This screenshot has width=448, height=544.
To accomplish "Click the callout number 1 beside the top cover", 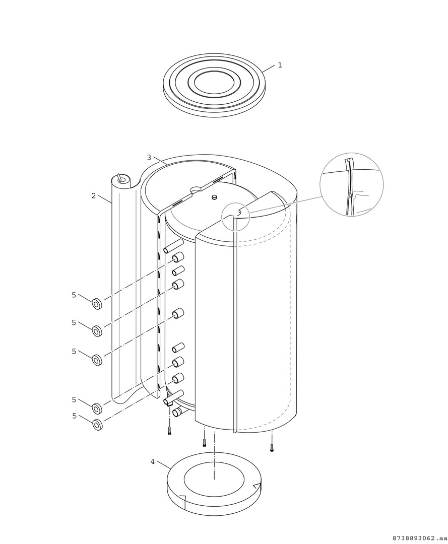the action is click(280, 65).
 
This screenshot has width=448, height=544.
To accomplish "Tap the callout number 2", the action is click(93, 195).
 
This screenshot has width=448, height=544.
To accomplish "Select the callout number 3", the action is click(149, 157).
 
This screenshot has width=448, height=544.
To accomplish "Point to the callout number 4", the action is click(152, 462).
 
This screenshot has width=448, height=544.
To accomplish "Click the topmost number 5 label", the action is click(74, 295).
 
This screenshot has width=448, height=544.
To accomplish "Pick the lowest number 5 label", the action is click(74, 416).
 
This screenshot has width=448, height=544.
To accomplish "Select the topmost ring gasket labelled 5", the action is click(97, 304).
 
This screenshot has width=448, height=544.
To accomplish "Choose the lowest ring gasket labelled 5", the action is click(97, 424).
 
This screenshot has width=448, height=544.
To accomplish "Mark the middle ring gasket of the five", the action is click(97, 360).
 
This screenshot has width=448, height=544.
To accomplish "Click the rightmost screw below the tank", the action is click(272, 448).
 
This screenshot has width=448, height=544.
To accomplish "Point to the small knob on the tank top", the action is click(214, 197).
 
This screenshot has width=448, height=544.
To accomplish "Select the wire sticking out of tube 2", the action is click(120, 178).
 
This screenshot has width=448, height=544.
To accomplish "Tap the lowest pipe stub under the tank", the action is click(178, 412).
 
